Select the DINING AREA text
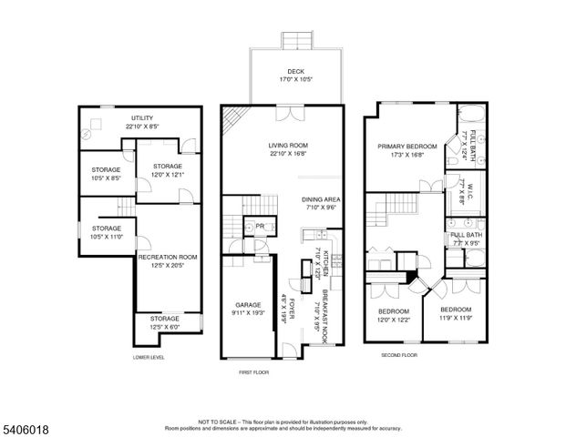click(321, 199)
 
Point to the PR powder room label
click(260, 226)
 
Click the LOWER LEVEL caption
click(148, 358)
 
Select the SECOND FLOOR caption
click(398, 354)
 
